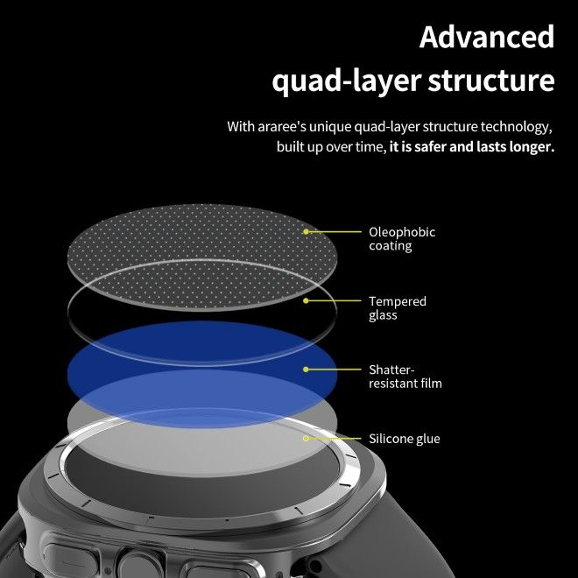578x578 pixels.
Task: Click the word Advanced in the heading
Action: [x=487, y=37]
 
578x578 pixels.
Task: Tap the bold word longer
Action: [x=528, y=147]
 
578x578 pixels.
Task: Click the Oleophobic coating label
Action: [x=401, y=239]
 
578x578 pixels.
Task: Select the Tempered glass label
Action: [x=397, y=308]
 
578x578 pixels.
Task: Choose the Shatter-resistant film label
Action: [x=405, y=377]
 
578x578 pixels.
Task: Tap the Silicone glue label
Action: [x=404, y=439]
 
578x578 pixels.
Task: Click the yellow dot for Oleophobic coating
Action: [x=307, y=232]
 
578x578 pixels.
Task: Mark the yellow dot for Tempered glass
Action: [x=307, y=300]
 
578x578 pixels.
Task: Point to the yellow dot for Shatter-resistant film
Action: [x=307, y=370]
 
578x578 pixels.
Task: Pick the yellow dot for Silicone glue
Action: [x=307, y=438]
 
